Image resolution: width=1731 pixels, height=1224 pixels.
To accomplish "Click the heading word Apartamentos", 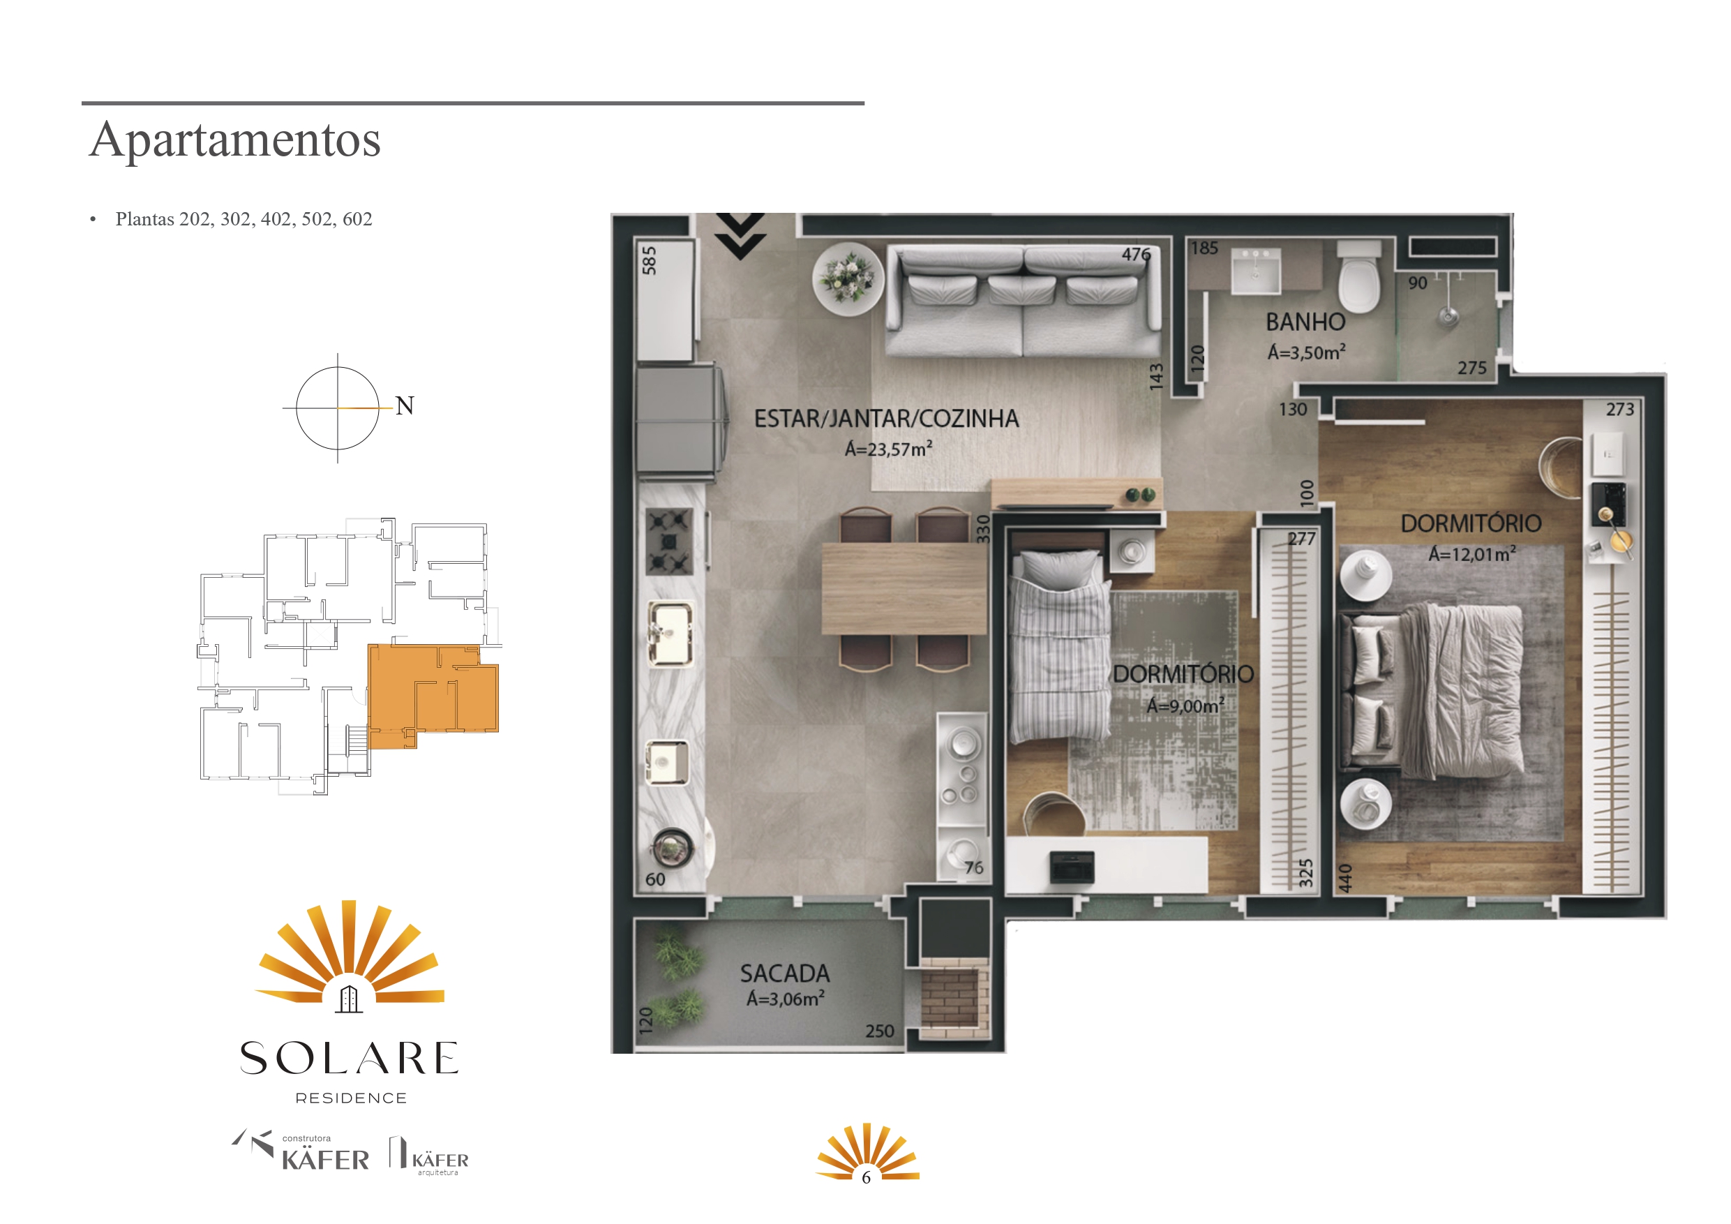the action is (235, 140).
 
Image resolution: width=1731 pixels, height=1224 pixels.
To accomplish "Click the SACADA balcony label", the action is (785, 973).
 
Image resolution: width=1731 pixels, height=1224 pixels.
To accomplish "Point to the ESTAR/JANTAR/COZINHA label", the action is (887, 419).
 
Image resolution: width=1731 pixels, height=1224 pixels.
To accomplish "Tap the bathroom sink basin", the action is (1255, 271).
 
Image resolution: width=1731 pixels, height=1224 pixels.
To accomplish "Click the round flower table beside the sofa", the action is (848, 278).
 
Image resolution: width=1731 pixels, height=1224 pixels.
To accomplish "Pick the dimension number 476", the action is (1136, 255).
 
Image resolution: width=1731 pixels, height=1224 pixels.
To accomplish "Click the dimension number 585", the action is (649, 260).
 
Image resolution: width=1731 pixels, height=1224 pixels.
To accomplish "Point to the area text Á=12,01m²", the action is (1471, 554).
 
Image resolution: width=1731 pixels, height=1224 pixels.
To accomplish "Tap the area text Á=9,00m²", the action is (1185, 706).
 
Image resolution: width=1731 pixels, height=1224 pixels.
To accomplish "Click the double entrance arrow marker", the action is (740, 235).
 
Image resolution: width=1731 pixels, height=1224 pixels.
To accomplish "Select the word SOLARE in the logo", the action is (349, 1058).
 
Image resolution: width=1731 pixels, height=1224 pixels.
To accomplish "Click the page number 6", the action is (867, 1177).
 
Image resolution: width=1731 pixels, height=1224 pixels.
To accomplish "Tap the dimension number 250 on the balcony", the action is (880, 1031).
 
